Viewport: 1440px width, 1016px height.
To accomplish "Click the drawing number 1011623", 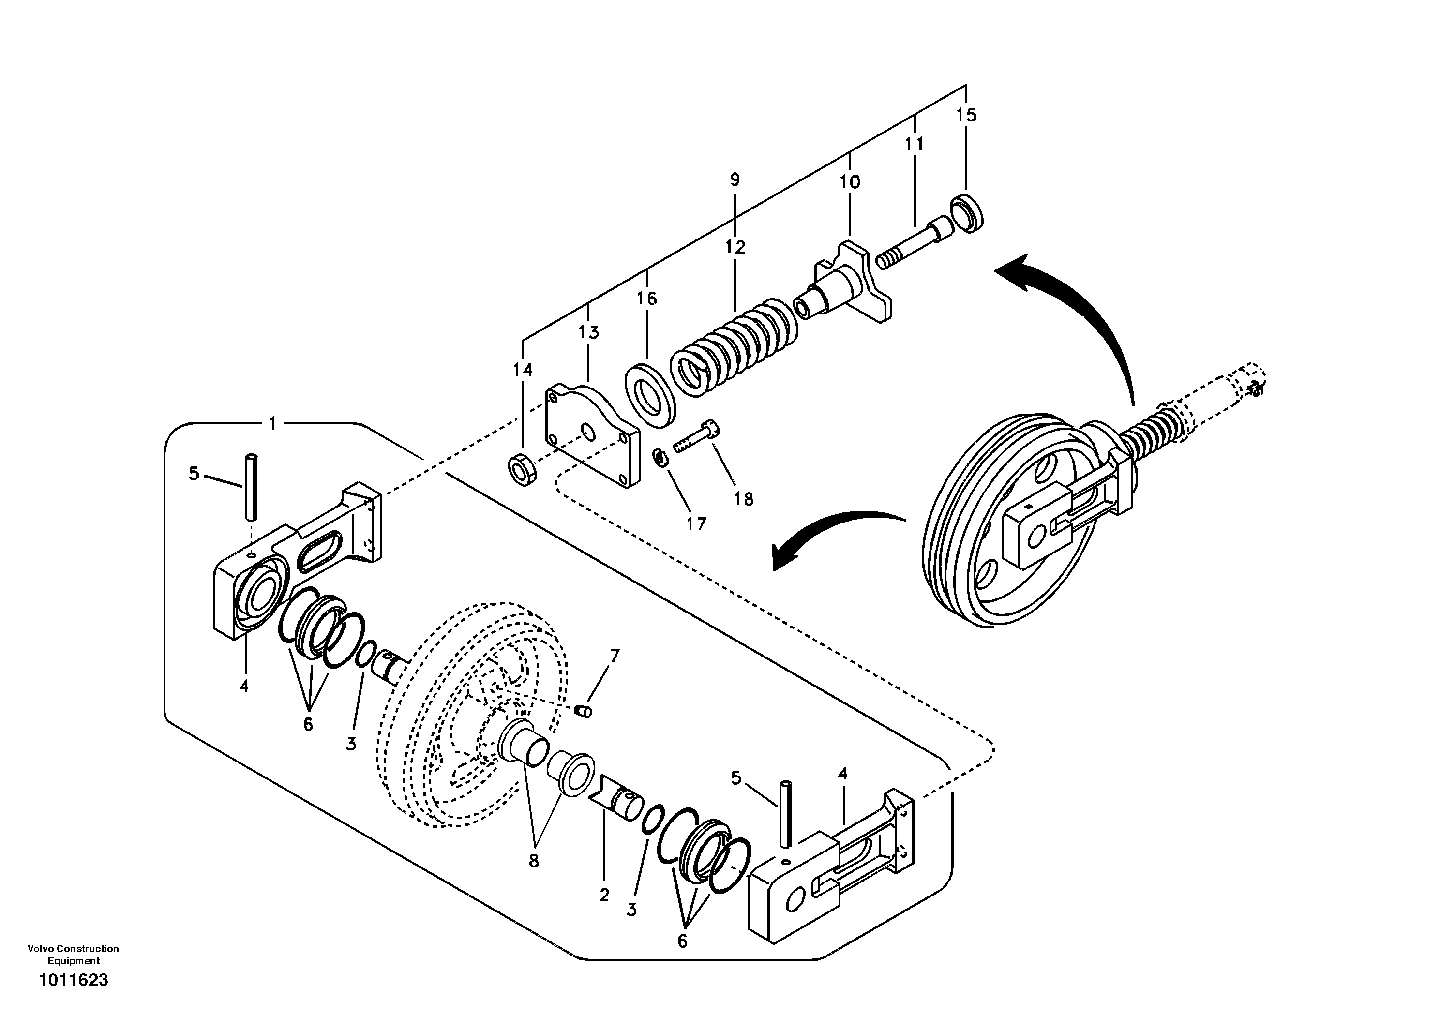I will pyautogui.click(x=74, y=980).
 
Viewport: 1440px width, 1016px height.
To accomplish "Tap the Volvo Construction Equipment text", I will pyautogui.click(x=74, y=955).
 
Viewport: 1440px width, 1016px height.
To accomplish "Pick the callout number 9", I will pyautogui.click(x=735, y=179).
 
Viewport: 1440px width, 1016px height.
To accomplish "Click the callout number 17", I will pyautogui.click(x=696, y=523).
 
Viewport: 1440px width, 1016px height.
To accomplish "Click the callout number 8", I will pyautogui.click(x=533, y=861).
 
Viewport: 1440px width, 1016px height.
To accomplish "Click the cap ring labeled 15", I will pyautogui.click(x=966, y=214).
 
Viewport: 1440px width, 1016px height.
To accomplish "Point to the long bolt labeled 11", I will pyautogui.click(x=915, y=242).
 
